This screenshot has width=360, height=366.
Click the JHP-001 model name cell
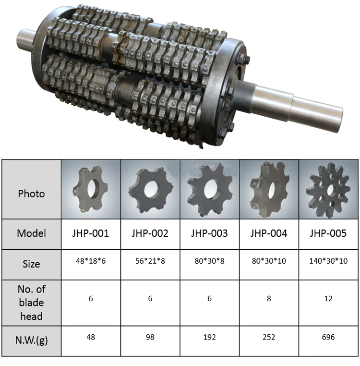tap(91, 233)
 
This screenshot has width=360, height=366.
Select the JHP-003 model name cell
tap(209, 233)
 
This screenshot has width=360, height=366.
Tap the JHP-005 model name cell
tap(328, 233)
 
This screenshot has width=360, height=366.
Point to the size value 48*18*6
tap(91, 261)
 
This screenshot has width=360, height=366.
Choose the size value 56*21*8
tap(150, 261)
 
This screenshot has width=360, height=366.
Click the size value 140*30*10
tap(328, 261)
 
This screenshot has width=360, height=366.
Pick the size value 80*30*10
tap(269, 261)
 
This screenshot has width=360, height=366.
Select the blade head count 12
tap(328, 299)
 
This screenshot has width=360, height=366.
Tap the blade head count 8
tap(269, 299)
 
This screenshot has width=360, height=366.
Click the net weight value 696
tap(328, 337)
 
